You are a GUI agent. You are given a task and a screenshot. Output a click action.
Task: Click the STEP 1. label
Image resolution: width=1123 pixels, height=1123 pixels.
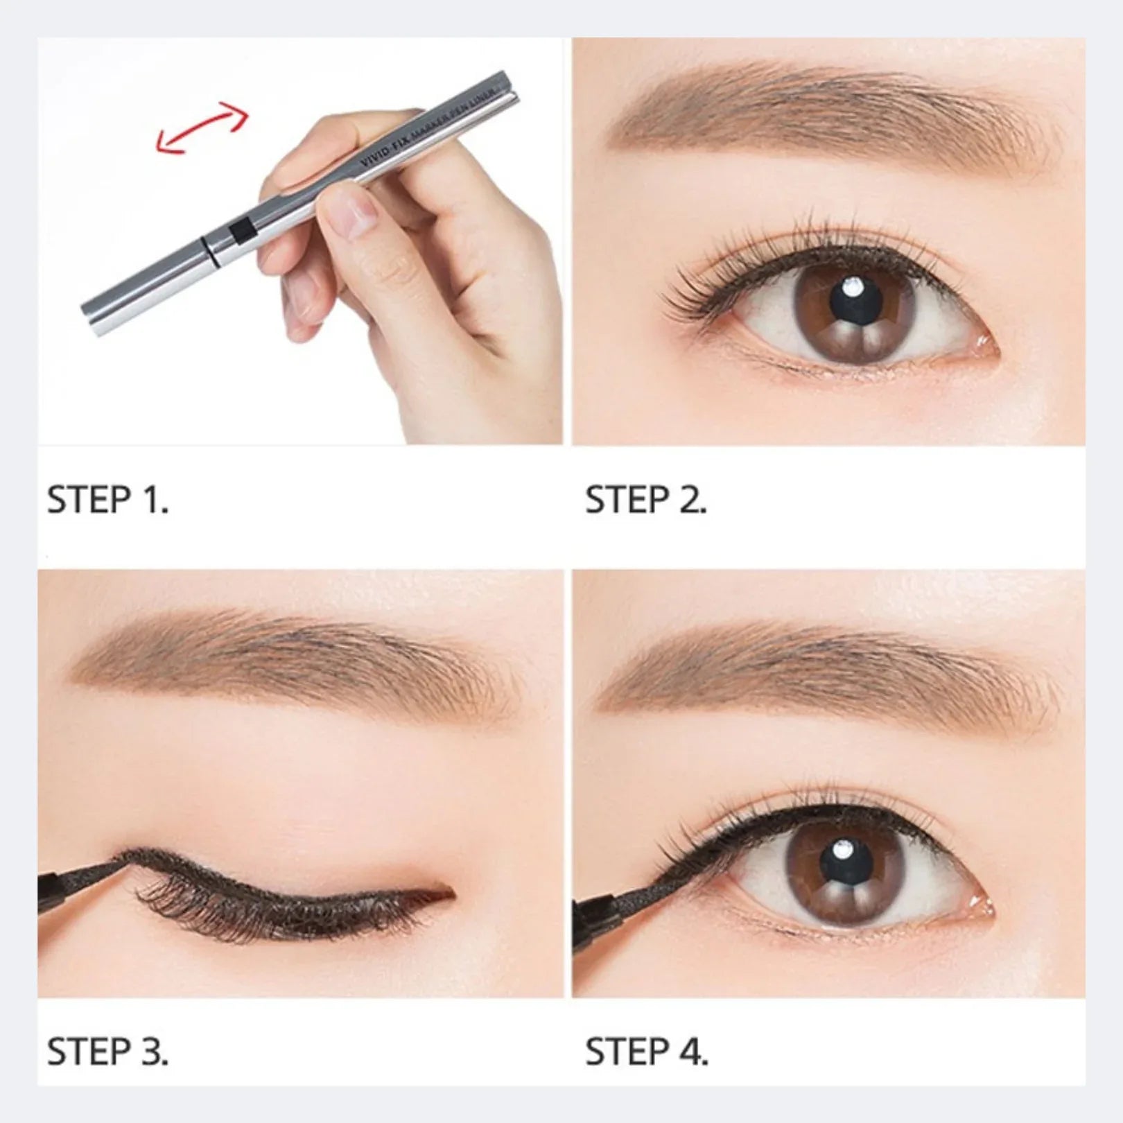tap(107, 500)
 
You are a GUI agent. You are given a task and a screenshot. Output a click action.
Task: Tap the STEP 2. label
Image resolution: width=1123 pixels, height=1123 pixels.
tap(645, 500)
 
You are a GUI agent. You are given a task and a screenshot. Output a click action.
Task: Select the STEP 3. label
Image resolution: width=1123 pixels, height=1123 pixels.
tap(107, 1052)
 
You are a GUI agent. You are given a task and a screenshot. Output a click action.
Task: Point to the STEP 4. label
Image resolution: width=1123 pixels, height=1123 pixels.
tap(646, 1052)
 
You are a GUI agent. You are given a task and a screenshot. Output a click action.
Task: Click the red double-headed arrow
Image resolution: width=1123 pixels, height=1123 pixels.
tap(202, 126)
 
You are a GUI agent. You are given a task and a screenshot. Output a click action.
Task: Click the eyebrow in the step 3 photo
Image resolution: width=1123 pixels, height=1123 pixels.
tap(291, 659)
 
